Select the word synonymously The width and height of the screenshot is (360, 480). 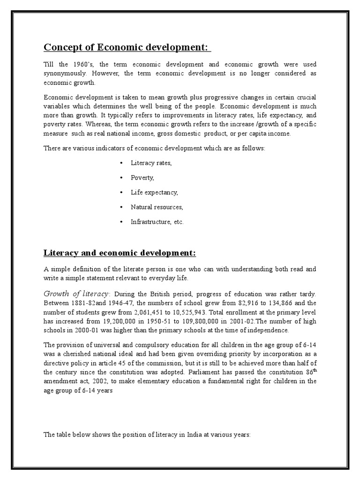(65, 74)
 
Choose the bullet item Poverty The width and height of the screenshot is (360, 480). (142, 178)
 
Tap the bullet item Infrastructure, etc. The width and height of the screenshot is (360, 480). (157, 222)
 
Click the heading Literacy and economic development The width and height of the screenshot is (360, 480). (119, 253)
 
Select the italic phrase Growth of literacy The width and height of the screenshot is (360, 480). (76, 293)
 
